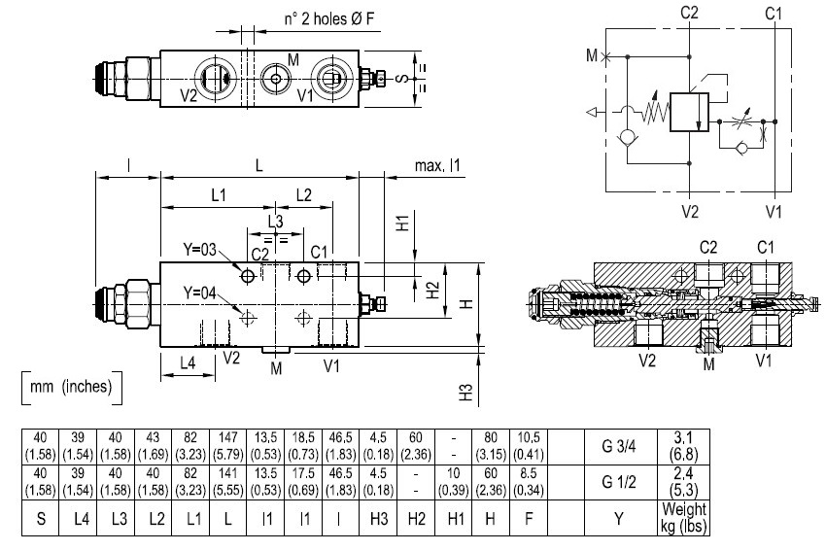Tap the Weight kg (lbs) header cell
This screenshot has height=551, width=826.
(683, 518)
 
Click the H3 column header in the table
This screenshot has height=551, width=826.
(378, 519)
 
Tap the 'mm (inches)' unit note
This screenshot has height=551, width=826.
(71, 387)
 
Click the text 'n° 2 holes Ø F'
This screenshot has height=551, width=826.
(329, 19)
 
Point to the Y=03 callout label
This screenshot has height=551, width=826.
(199, 249)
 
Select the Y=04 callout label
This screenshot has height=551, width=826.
(199, 293)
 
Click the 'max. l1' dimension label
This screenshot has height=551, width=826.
(437, 166)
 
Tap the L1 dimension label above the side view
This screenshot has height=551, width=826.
(218, 195)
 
